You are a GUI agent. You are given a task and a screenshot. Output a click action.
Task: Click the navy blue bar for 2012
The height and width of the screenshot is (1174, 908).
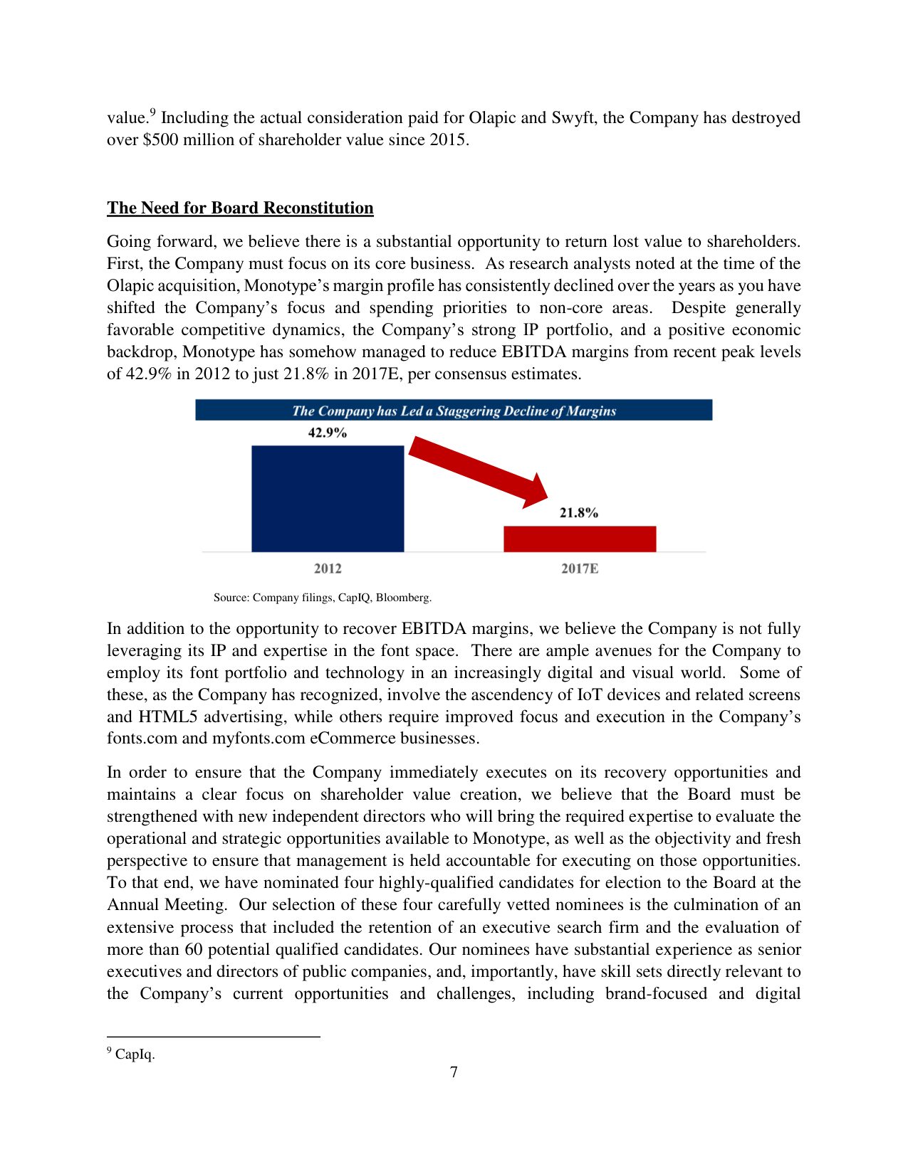click(328, 498)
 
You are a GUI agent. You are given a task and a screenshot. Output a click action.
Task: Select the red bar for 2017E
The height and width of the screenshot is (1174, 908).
click(580, 539)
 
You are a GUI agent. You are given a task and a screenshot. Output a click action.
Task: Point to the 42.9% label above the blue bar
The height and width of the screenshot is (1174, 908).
click(327, 433)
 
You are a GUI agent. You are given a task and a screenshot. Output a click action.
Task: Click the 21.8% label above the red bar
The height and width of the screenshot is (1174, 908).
click(578, 512)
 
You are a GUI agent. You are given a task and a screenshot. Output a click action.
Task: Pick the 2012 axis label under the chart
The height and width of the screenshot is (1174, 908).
click(328, 569)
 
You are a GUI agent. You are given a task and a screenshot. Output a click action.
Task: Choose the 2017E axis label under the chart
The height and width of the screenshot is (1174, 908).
click(580, 569)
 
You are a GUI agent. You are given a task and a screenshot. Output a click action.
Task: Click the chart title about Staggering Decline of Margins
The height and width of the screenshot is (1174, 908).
click(454, 411)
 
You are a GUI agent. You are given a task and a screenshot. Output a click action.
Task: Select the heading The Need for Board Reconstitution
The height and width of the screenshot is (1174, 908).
click(240, 208)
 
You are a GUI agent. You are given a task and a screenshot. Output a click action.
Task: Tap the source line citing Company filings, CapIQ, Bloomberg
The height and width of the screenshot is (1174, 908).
click(323, 598)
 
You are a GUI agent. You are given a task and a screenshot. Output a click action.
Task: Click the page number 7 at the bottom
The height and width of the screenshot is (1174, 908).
click(454, 1072)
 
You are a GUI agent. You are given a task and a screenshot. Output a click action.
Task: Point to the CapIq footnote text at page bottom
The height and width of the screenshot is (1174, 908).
click(135, 1054)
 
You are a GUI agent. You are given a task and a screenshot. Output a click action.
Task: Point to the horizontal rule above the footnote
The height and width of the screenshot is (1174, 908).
click(213, 1037)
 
